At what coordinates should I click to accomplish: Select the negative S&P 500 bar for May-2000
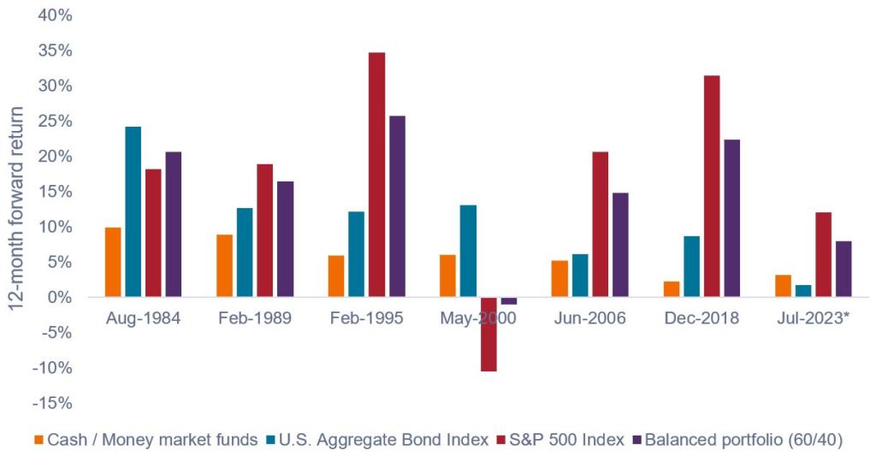(488, 334)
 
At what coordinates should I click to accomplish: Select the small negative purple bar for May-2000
(509, 300)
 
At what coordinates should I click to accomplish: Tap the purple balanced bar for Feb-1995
(397, 206)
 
